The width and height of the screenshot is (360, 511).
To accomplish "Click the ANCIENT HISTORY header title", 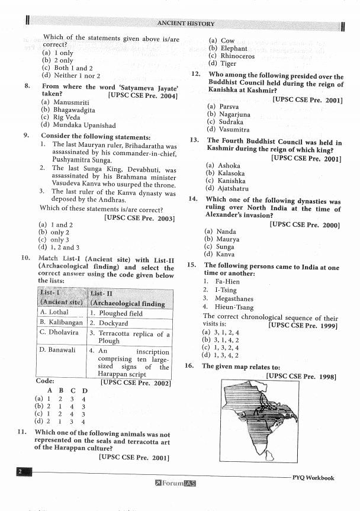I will [x=186, y=23].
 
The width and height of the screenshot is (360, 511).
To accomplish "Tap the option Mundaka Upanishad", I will [x=78, y=126].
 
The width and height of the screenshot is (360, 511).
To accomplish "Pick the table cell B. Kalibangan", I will [x=62, y=323].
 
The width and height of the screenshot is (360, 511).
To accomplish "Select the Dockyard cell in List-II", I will [x=109, y=323].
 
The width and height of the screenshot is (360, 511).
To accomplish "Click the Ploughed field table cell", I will [x=116, y=313].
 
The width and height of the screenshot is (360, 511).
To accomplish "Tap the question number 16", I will [x=189, y=366].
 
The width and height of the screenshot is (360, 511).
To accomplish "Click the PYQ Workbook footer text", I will [x=313, y=478].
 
